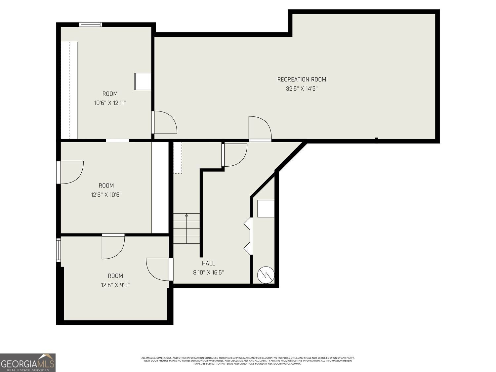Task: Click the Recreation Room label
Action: coord(302,79)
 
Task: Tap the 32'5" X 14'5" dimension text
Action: coord(302,89)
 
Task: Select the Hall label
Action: coord(208,263)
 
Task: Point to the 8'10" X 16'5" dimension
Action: coord(208,272)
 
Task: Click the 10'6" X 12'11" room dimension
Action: coord(110,103)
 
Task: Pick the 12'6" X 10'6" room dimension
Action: coord(106,195)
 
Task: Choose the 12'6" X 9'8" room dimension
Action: coord(115,285)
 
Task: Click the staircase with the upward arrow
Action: coord(186,228)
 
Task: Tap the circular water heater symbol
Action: coord(266,274)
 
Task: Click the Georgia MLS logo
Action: coord(28,363)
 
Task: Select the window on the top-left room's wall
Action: coord(90,24)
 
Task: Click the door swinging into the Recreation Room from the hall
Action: coord(260,129)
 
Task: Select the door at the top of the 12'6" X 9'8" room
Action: coord(113,247)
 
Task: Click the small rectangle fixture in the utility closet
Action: coord(266,209)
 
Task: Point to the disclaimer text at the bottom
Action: coord(248,360)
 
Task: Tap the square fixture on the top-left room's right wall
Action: coord(143,81)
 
